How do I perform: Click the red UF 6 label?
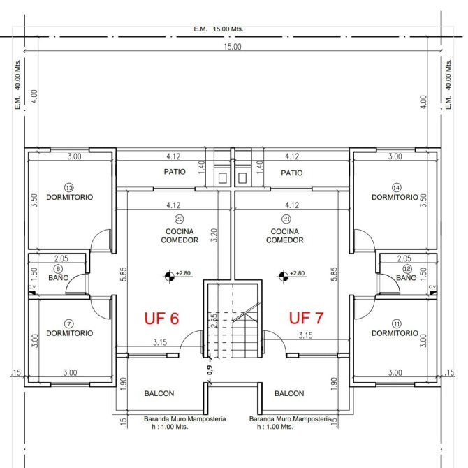pos(161,318)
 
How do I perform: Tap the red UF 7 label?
pos(306,318)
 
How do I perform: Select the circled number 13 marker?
pos(69,188)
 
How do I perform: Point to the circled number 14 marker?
pos(396,188)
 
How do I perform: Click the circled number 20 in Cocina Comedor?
pos(179,219)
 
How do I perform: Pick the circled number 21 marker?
pos(286,219)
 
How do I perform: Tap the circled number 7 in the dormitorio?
pos(69,324)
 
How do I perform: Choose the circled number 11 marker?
pos(397,324)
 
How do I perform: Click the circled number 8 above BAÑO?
pos(58,269)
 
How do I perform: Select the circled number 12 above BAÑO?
pos(407,269)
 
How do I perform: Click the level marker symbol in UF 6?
pos(169,277)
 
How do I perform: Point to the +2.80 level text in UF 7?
pos(298,273)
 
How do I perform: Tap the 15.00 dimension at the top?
pos(233,47)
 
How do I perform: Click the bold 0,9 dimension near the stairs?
pos(210,370)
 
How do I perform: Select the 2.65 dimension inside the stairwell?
pos(214,321)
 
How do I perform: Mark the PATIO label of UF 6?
pos(175,172)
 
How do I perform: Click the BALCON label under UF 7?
pos(289,393)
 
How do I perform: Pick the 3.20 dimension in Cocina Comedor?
pos(214,235)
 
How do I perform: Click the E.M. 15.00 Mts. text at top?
pos(219,29)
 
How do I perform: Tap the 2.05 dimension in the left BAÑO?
pos(61,258)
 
